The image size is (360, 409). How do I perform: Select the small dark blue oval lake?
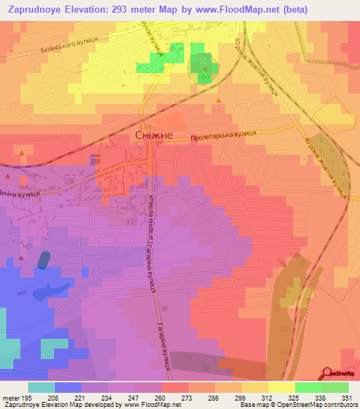tap(43, 259)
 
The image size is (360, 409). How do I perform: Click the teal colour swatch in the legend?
tap(41, 387)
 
